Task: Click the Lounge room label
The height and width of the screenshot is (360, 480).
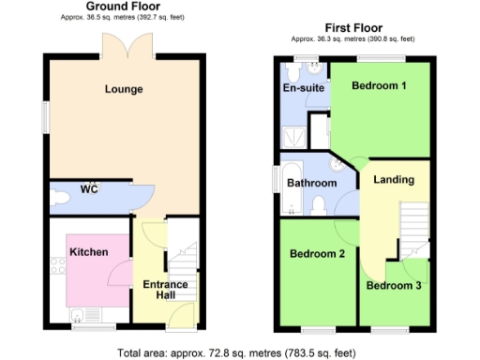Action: pos(125,90)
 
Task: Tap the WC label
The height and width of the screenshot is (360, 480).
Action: pos(89,189)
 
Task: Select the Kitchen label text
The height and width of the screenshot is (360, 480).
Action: pos(88,252)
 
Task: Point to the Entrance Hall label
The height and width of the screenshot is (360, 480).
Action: pos(166,290)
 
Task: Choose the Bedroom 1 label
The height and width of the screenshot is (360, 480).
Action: pos(379,86)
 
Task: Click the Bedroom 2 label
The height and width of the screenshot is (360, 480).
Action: pos(317,253)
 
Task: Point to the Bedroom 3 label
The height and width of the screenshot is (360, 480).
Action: pos(394,286)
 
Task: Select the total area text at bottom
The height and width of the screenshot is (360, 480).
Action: pos(237,352)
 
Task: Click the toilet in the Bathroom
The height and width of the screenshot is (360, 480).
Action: pos(319,204)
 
